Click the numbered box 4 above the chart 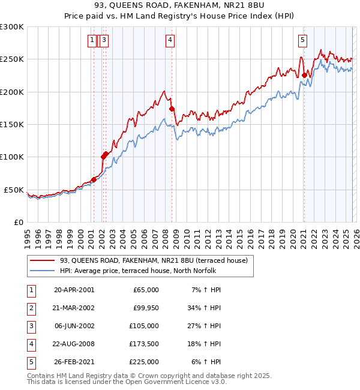coord(170,40)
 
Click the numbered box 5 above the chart coord(302,40)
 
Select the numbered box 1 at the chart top coord(92,40)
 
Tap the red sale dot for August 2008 coord(172,109)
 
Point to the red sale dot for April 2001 coord(94,179)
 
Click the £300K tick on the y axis coord(11,27)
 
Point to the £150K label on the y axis coord(11,125)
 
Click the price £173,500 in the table coord(145,344)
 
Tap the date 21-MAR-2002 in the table coord(74,308)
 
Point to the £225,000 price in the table coord(145,362)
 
